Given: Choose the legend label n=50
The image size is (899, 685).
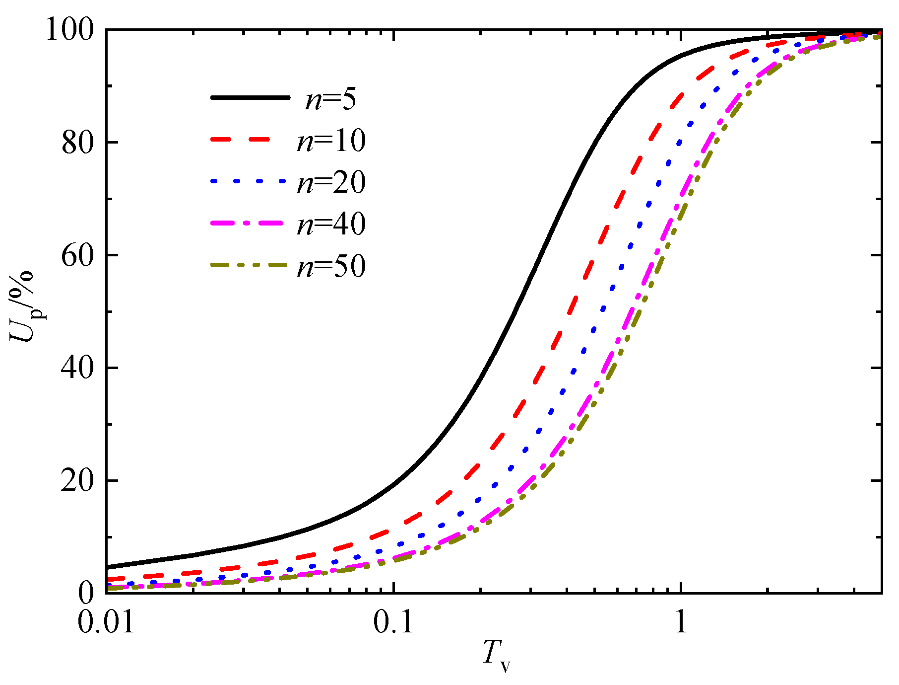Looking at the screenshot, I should [331, 266].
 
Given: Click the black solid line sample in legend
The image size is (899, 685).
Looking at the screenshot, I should [250, 98].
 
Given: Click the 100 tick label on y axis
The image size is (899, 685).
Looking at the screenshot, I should [70, 31].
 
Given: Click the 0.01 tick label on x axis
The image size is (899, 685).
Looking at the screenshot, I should [106, 622].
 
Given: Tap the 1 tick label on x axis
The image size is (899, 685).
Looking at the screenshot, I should [681, 622].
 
